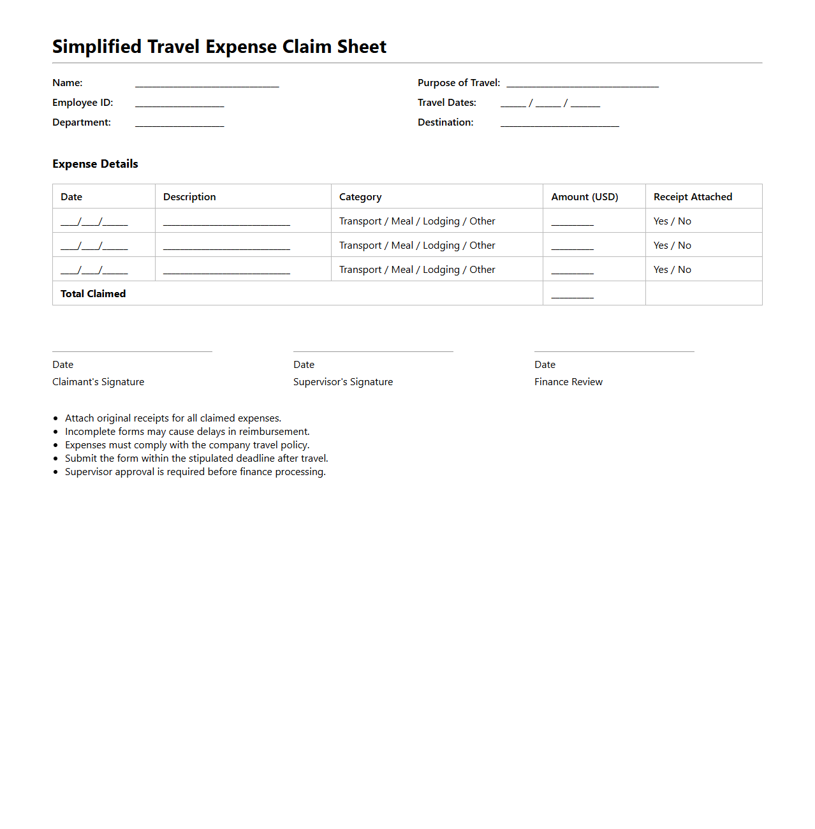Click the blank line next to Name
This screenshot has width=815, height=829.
pos(207,84)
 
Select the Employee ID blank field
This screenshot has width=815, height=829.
pos(179,104)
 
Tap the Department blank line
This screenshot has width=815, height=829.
pos(179,124)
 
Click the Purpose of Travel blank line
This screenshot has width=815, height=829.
pos(582,84)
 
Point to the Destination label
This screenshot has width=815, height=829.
pos(445,122)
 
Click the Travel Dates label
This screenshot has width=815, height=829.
pos(446,103)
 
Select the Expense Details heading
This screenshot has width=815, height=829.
pos(95,164)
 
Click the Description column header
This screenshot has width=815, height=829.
pos(189,197)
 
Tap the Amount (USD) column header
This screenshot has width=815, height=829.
pos(584,197)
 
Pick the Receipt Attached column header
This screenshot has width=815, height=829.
pos(693,197)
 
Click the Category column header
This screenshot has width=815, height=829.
pos(360,197)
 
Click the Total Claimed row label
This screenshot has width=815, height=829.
pos(93,294)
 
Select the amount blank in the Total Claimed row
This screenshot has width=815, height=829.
pos(572,295)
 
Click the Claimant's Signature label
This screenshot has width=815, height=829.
pos(98,382)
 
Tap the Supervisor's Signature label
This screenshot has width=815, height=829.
pos(343,382)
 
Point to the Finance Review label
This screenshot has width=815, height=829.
pos(568,382)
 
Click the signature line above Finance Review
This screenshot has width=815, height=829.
pos(614,351)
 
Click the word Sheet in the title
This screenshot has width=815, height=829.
pos(362,47)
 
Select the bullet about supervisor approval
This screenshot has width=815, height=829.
pos(195,472)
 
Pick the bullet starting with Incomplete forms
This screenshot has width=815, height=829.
pos(187,432)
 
